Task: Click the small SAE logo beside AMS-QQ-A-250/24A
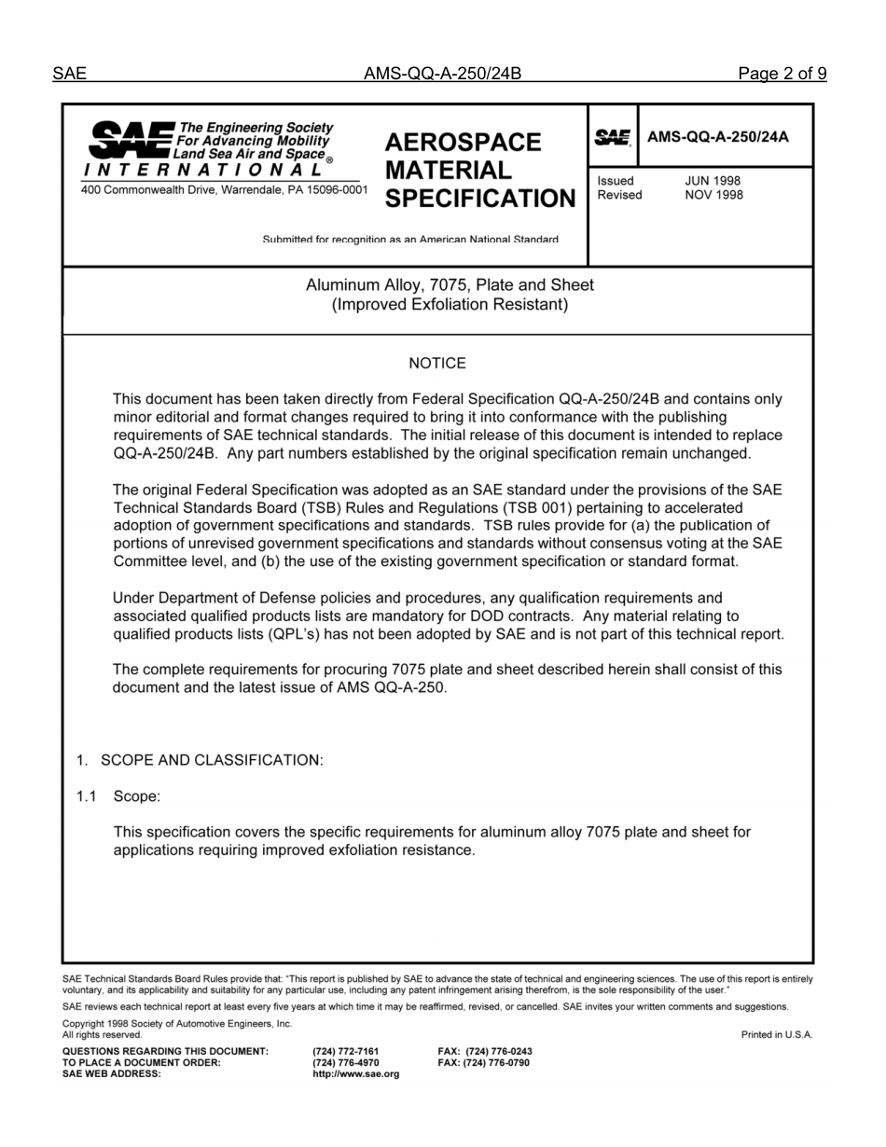[x=613, y=137]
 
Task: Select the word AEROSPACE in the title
[x=463, y=143]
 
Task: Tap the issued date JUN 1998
[x=713, y=181]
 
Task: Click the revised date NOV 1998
[x=713, y=195]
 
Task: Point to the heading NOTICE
[x=437, y=364]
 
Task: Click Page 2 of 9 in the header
[x=782, y=75]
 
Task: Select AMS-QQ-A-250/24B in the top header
[x=442, y=75]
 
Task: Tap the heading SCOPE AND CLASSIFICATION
[x=212, y=760]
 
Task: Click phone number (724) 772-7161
[x=346, y=1051]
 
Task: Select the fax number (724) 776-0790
[x=485, y=1062]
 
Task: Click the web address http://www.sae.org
[x=356, y=1073]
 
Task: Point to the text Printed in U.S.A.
[x=777, y=1034]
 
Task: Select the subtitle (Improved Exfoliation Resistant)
[x=450, y=304]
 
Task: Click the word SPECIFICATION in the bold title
[x=480, y=199]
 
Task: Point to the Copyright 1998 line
[x=177, y=1023]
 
